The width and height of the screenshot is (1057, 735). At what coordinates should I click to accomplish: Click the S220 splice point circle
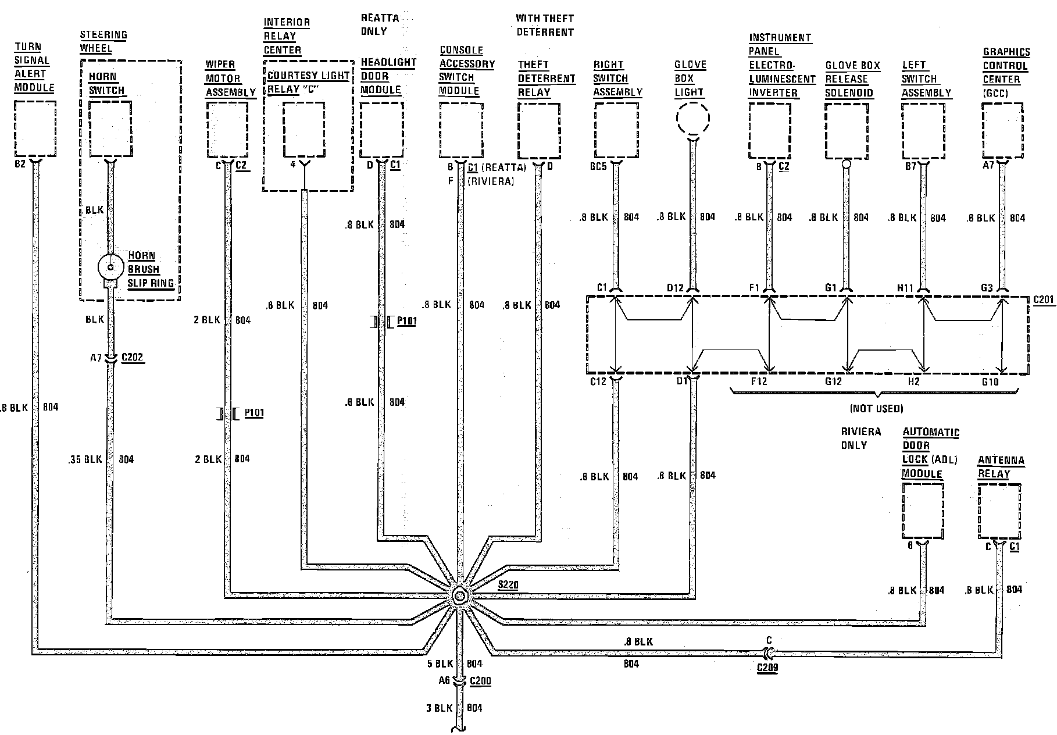(x=459, y=596)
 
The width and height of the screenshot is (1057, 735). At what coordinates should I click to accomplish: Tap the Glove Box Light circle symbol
(x=693, y=119)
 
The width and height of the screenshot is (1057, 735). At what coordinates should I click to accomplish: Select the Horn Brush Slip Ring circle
(x=109, y=268)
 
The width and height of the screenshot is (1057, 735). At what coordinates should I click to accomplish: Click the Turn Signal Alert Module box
(x=35, y=129)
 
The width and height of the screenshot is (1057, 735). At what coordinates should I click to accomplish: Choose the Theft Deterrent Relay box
(x=538, y=130)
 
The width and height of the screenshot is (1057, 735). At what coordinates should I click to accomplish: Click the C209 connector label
(x=767, y=667)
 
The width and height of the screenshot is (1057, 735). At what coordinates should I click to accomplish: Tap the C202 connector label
(x=132, y=358)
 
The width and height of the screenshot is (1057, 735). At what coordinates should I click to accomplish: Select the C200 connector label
(x=480, y=681)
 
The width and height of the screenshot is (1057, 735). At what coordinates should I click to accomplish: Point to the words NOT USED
(x=877, y=409)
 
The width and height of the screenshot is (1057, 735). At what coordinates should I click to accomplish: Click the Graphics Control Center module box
(x=1002, y=130)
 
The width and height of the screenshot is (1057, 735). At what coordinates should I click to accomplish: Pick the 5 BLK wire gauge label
(x=440, y=663)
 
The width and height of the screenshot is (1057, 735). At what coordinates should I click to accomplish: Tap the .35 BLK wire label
(x=84, y=459)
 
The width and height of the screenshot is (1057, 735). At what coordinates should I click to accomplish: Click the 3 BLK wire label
(x=439, y=708)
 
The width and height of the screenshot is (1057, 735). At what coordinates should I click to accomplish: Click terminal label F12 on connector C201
(x=759, y=381)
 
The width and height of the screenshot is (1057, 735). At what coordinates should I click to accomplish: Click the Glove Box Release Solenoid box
(x=846, y=130)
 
